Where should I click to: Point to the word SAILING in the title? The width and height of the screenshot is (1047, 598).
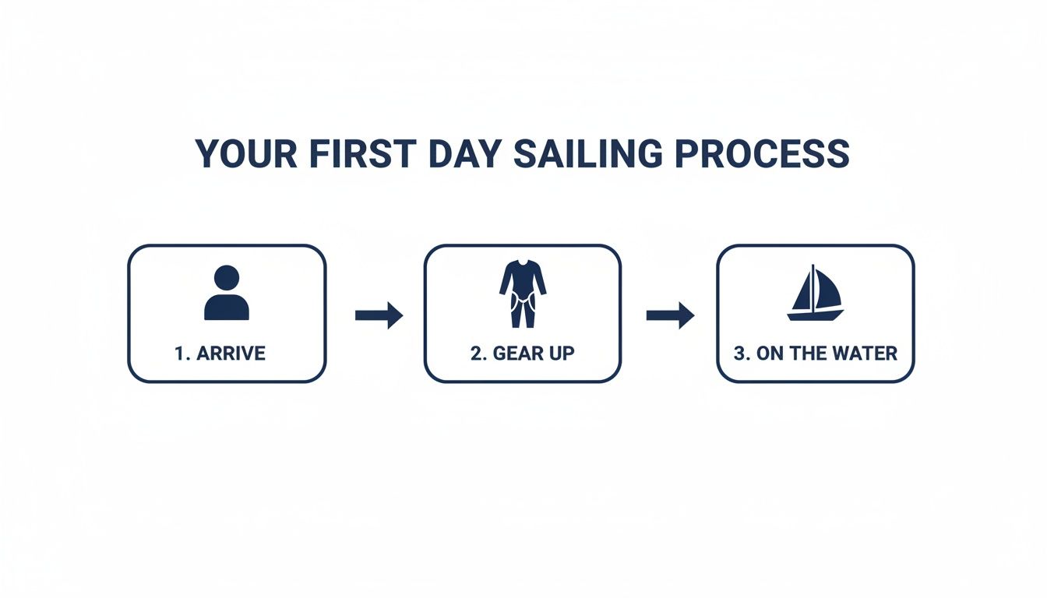(x=590, y=154)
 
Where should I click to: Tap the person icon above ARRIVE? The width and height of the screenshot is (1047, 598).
(x=227, y=294)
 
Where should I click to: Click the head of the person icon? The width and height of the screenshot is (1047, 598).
(x=227, y=279)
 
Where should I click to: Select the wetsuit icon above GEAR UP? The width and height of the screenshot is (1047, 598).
(x=522, y=294)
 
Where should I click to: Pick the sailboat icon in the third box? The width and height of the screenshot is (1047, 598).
(x=815, y=294)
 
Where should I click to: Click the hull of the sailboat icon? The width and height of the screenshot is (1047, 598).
(x=815, y=315)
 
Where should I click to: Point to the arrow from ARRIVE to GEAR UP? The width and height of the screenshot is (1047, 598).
(x=379, y=315)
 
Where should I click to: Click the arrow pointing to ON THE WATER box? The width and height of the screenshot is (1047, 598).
(x=670, y=315)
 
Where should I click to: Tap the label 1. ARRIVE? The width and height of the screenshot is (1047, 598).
(x=220, y=354)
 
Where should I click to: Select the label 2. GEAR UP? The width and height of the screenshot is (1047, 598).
(x=522, y=354)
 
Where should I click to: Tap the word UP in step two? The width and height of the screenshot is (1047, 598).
(x=562, y=354)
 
